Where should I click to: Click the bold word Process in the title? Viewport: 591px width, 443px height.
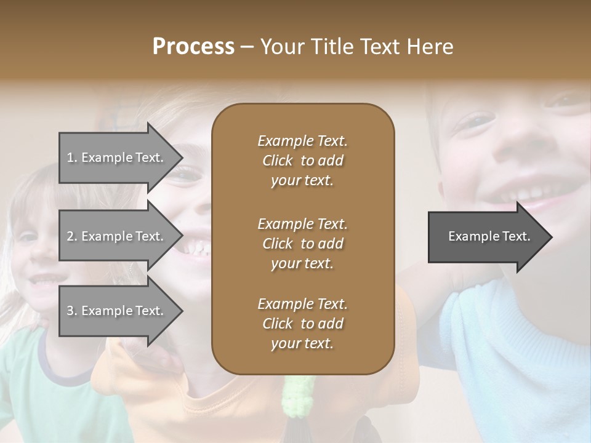[x=193, y=47]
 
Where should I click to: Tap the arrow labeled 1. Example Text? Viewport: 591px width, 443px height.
[x=117, y=158]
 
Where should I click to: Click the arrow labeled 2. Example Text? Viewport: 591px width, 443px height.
[x=117, y=236]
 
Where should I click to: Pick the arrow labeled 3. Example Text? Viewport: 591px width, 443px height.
[x=117, y=311]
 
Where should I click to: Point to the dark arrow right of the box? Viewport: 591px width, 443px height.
[x=486, y=237]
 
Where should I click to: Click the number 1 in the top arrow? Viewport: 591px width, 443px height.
[x=70, y=158]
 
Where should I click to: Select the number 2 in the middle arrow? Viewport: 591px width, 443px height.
[x=70, y=236]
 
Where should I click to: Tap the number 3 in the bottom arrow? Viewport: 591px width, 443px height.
[x=70, y=311]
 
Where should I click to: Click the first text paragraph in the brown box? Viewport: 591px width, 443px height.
[x=302, y=161]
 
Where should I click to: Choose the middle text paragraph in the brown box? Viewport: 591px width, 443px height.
[x=302, y=243]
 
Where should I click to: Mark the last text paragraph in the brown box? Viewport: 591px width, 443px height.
[x=302, y=324]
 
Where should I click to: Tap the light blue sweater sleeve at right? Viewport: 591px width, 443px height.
[x=511, y=345]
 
